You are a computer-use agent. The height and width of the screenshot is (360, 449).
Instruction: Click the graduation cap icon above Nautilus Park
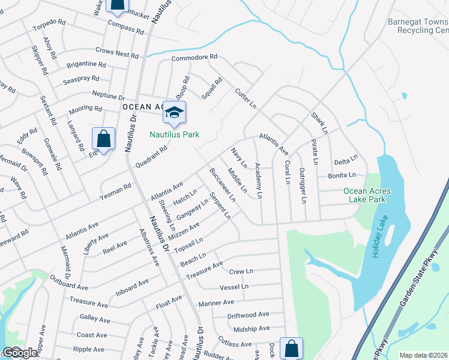174,112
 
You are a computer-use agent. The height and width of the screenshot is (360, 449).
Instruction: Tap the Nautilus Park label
174,134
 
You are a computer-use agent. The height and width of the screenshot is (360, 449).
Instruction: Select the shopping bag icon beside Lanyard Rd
104,139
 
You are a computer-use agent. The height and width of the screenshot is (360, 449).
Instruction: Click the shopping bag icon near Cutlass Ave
291,347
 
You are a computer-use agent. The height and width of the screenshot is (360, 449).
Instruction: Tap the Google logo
20,353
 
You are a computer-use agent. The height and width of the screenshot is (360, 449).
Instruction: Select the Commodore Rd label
194,58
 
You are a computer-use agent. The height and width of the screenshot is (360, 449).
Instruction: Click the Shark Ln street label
319,122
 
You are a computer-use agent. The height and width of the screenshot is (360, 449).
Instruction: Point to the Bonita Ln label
342,175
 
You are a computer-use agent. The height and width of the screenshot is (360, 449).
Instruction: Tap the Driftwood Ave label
248,314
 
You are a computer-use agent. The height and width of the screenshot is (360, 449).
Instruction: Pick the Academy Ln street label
258,180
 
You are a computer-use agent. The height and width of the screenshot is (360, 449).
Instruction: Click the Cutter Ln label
246,98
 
